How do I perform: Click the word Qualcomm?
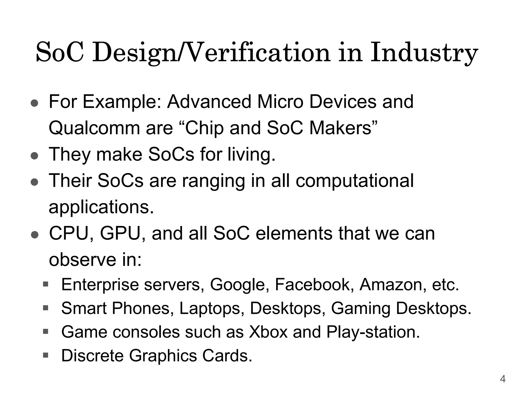(94, 128)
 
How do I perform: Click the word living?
(251, 154)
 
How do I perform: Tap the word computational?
(355, 181)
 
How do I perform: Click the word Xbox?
(268, 332)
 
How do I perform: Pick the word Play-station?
(373, 332)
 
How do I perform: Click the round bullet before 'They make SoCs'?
(34, 156)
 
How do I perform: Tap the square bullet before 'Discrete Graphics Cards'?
(46, 355)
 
